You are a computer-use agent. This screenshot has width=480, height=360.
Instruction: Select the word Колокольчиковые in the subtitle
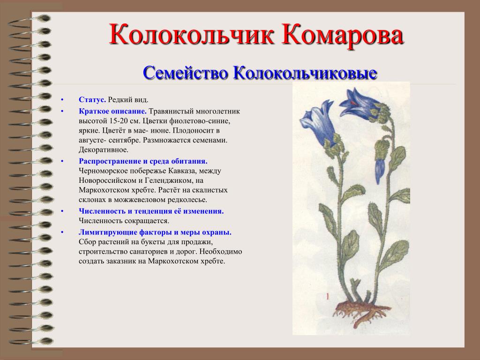pos(305,73)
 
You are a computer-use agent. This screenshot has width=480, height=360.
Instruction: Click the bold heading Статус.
pos(92,99)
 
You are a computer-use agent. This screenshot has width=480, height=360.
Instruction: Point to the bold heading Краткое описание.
pos(112,111)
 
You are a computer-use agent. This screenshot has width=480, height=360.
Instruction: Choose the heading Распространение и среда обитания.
pos(143,161)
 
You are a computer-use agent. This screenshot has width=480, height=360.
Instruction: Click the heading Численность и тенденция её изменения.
pos(151,211)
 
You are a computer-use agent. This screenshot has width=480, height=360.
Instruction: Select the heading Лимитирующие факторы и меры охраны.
pos(155,232)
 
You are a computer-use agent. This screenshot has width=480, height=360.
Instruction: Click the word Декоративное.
pos(104,150)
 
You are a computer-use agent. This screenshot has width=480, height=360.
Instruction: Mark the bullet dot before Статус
pos(62,100)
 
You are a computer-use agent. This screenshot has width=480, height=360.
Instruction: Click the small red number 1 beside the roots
pos(328,296)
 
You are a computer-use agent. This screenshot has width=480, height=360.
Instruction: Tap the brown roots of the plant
pos(361,312)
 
